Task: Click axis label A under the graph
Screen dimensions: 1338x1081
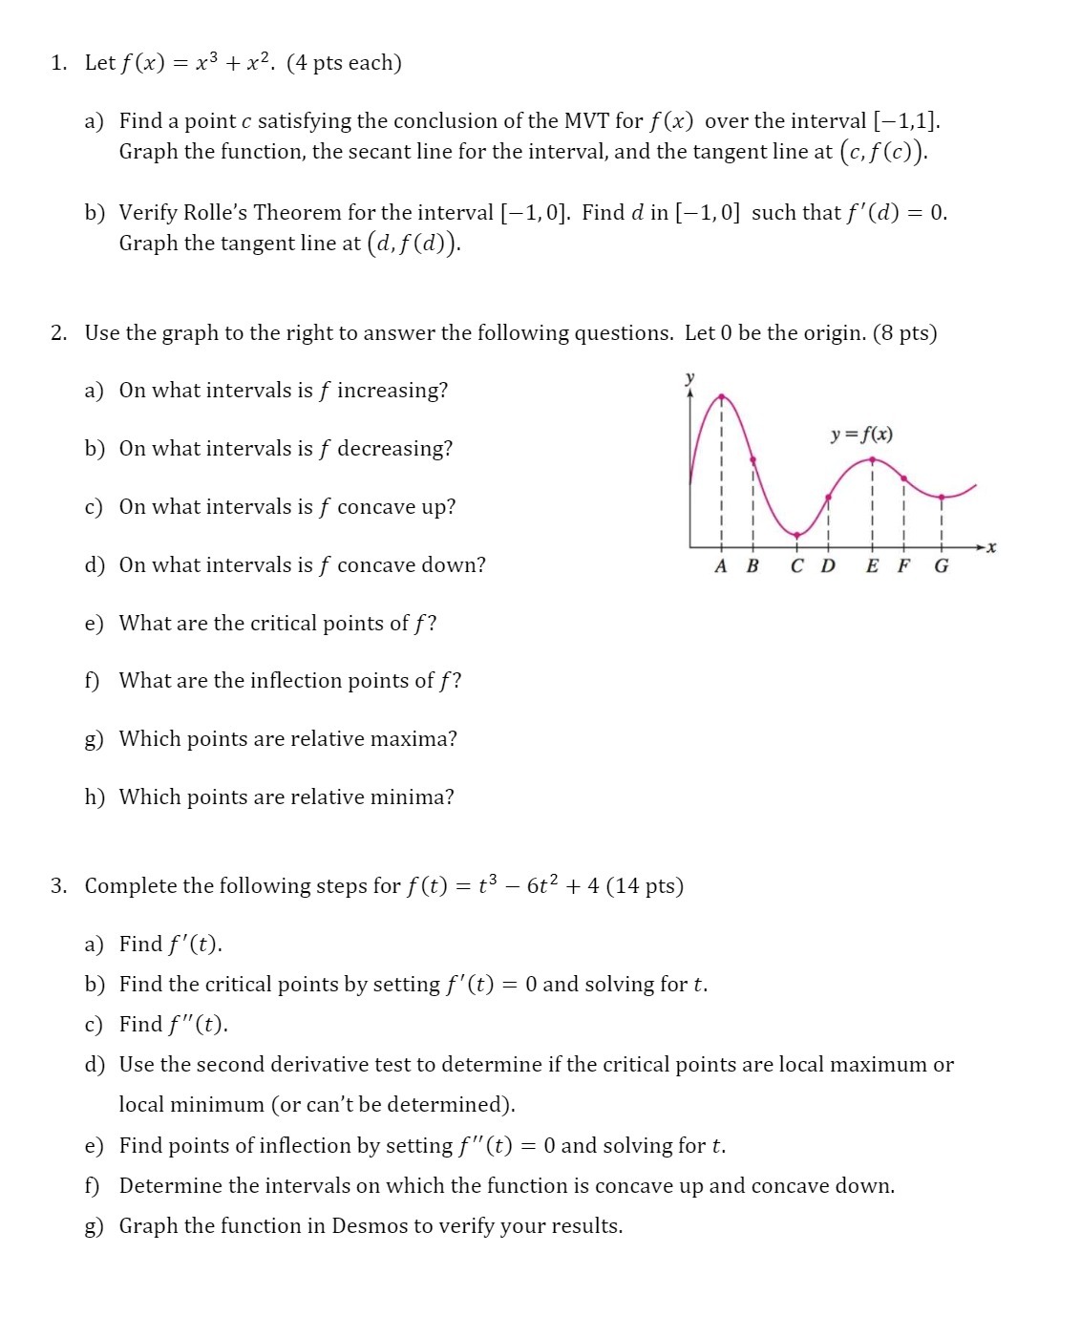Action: tap(721, 566)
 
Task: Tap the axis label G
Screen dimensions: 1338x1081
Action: tap(942, 566)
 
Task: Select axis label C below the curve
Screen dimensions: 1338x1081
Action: tap(797, 566)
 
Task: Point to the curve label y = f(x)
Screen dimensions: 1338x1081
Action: tap(861, 435)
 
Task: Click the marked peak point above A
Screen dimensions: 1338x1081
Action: tap(721, 395)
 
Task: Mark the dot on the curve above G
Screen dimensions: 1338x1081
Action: tap(942, 497)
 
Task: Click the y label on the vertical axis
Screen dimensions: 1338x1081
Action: tap(689, 377)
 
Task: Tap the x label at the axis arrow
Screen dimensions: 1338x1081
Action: tap(991, 547)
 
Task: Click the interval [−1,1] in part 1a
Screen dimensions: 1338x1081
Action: tap(906, 121)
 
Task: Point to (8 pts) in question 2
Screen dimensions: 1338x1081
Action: tap(904, 333)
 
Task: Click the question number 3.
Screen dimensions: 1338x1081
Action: tap(57, 886)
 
